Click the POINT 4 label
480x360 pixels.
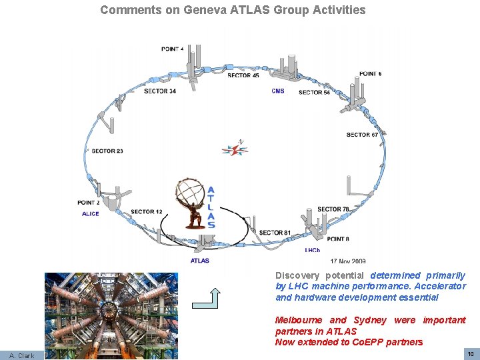coord(172,49)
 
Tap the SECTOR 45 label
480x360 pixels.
coord(243,75)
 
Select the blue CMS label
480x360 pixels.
coord(278,91)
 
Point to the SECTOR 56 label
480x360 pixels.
coord(314,92)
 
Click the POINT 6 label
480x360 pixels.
coord(371,73)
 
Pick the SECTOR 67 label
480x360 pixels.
coord(362,135)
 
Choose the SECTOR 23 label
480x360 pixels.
coord(107,151)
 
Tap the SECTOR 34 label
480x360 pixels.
coord(160,91)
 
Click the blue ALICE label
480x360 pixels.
coord(90,213)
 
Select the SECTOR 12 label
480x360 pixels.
coord(147,212)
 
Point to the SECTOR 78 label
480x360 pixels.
coord(333,209)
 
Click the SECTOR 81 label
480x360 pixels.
coord(275,233)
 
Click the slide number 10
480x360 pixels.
coord(470,353)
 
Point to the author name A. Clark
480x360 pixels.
coord(21,355)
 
